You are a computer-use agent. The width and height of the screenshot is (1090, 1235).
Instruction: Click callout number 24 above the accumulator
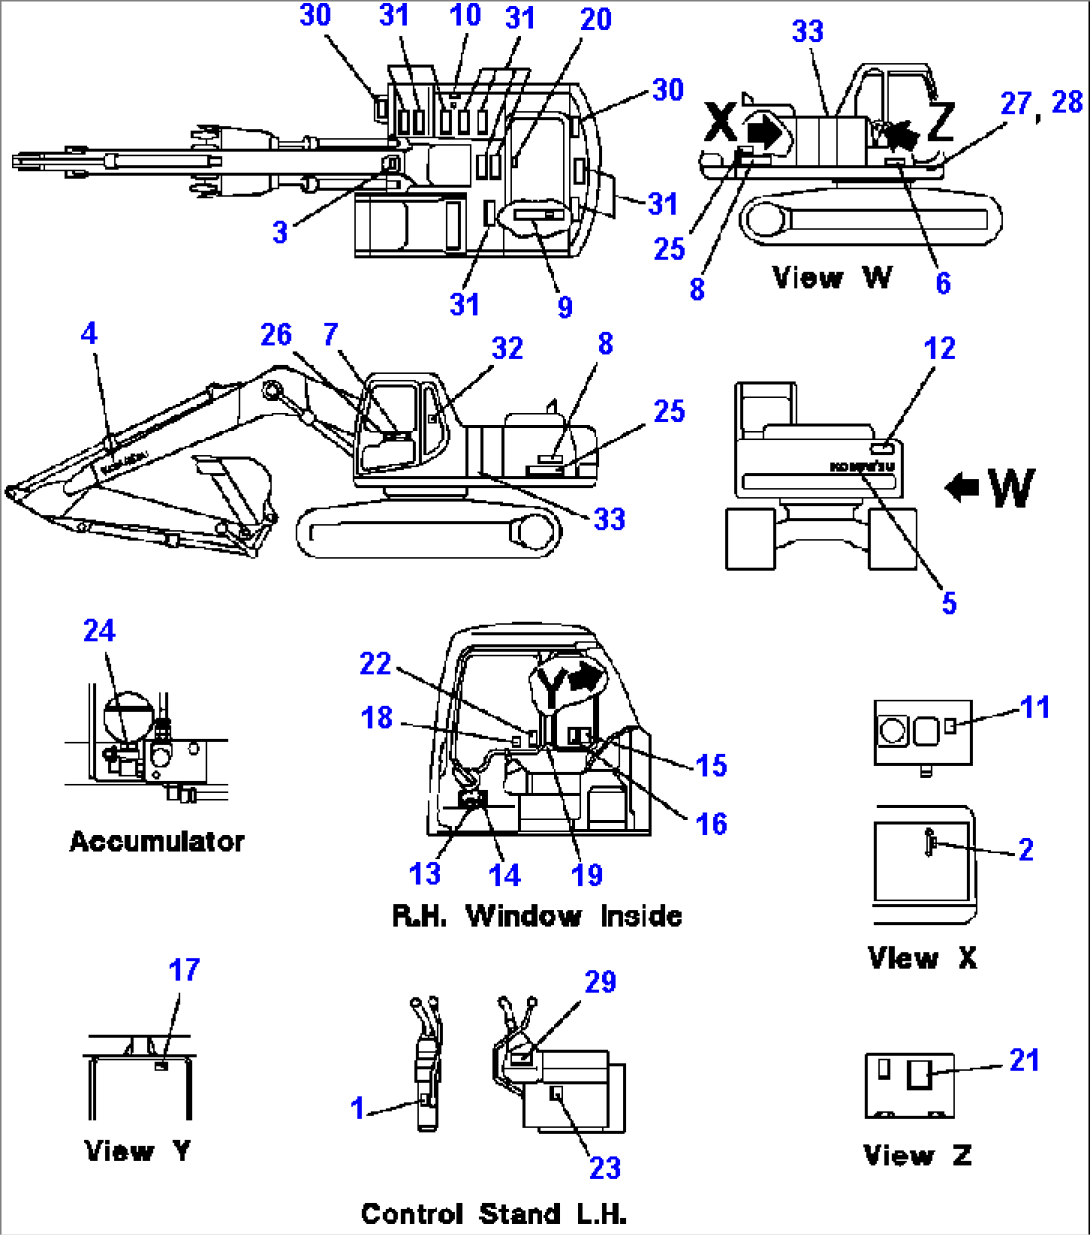click(x=99, y=631)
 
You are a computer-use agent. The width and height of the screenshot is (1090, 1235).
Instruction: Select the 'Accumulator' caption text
click(x=157, y=841)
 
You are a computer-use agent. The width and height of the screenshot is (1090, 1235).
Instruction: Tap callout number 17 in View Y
click(x=184, y=970)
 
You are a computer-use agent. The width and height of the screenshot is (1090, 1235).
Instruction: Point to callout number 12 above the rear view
click(x=940, y=348)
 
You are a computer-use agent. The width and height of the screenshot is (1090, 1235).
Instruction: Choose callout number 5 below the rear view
click(x=949, y=603)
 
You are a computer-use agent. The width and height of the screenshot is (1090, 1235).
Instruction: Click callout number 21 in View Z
click(x=1025, y=1060)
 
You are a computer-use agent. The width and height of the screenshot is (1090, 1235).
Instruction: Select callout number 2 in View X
click(x=1026, y=849)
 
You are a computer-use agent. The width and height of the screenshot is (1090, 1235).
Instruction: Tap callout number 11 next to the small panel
click(x=1035, y=707)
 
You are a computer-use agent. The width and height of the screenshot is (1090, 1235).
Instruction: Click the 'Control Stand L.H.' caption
click(x=493, y=1214)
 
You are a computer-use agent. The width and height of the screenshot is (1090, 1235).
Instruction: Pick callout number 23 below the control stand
click(x=605, y=1167)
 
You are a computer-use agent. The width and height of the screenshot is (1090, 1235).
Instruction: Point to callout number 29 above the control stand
click(x=600, y=982)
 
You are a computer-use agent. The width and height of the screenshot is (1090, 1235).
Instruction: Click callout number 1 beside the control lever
click(x=358, y=1108)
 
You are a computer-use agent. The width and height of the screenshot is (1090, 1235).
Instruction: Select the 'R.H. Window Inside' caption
click(x=537, y=915)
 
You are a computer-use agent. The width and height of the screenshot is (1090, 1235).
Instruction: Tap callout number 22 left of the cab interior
click(x=376, y=663)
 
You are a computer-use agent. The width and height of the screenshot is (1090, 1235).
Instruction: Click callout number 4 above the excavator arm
click(x=89, y=333)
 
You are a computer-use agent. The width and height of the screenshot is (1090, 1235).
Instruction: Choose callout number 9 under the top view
click(x=565, y=307)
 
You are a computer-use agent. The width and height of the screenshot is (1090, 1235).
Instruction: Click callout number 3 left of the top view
click(x=280, y=232)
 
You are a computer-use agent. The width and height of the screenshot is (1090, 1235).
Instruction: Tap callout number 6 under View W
click(x=943, y=283)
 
